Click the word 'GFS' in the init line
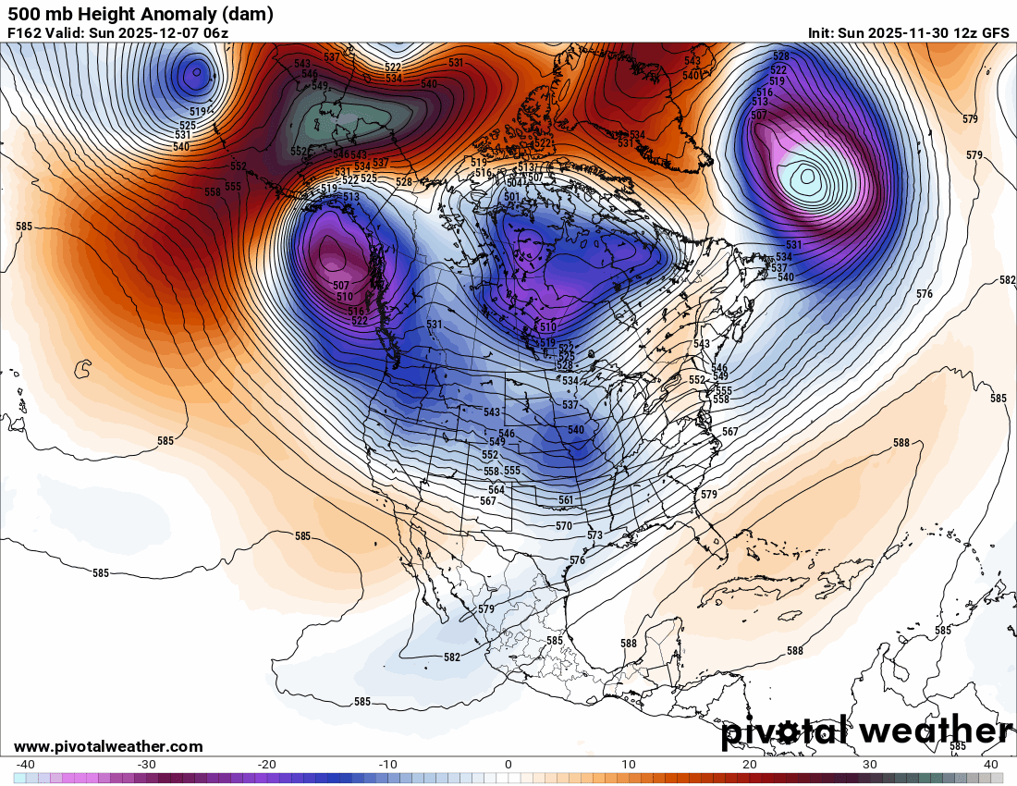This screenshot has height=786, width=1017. [x=995, y=33]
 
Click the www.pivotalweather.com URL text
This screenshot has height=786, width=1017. [x=108, y=746]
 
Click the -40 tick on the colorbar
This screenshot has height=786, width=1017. [x=26, y=765]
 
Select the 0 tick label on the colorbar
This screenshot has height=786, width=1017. [x=508, y=765]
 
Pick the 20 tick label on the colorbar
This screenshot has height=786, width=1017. [x=749, y=765]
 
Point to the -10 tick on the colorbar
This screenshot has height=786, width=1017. [x=387, y=765]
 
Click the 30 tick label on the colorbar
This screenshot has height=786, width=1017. [x=869, y=765]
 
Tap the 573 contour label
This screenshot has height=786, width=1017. [x=594, y=535]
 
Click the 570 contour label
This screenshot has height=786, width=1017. [x=564, y=525]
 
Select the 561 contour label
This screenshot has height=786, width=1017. [x=566, y=500]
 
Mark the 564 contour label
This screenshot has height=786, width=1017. [x=496, y=490]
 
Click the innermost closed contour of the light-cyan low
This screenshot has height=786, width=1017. [x=808, y=174]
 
